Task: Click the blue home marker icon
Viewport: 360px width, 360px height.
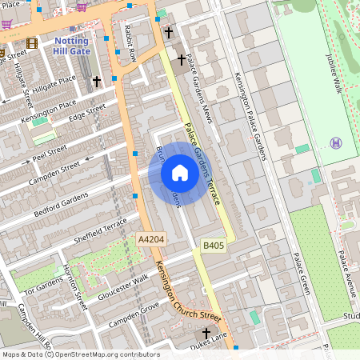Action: [180, 173]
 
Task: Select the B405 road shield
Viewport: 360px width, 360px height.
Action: [212, 246]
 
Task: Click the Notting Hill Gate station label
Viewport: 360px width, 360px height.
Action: [71, 46]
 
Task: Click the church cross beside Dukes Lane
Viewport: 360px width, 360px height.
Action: [206, 333]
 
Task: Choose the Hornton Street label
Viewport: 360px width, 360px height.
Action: [76, 290]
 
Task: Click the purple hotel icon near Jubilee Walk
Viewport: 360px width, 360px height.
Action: [335, 142]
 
